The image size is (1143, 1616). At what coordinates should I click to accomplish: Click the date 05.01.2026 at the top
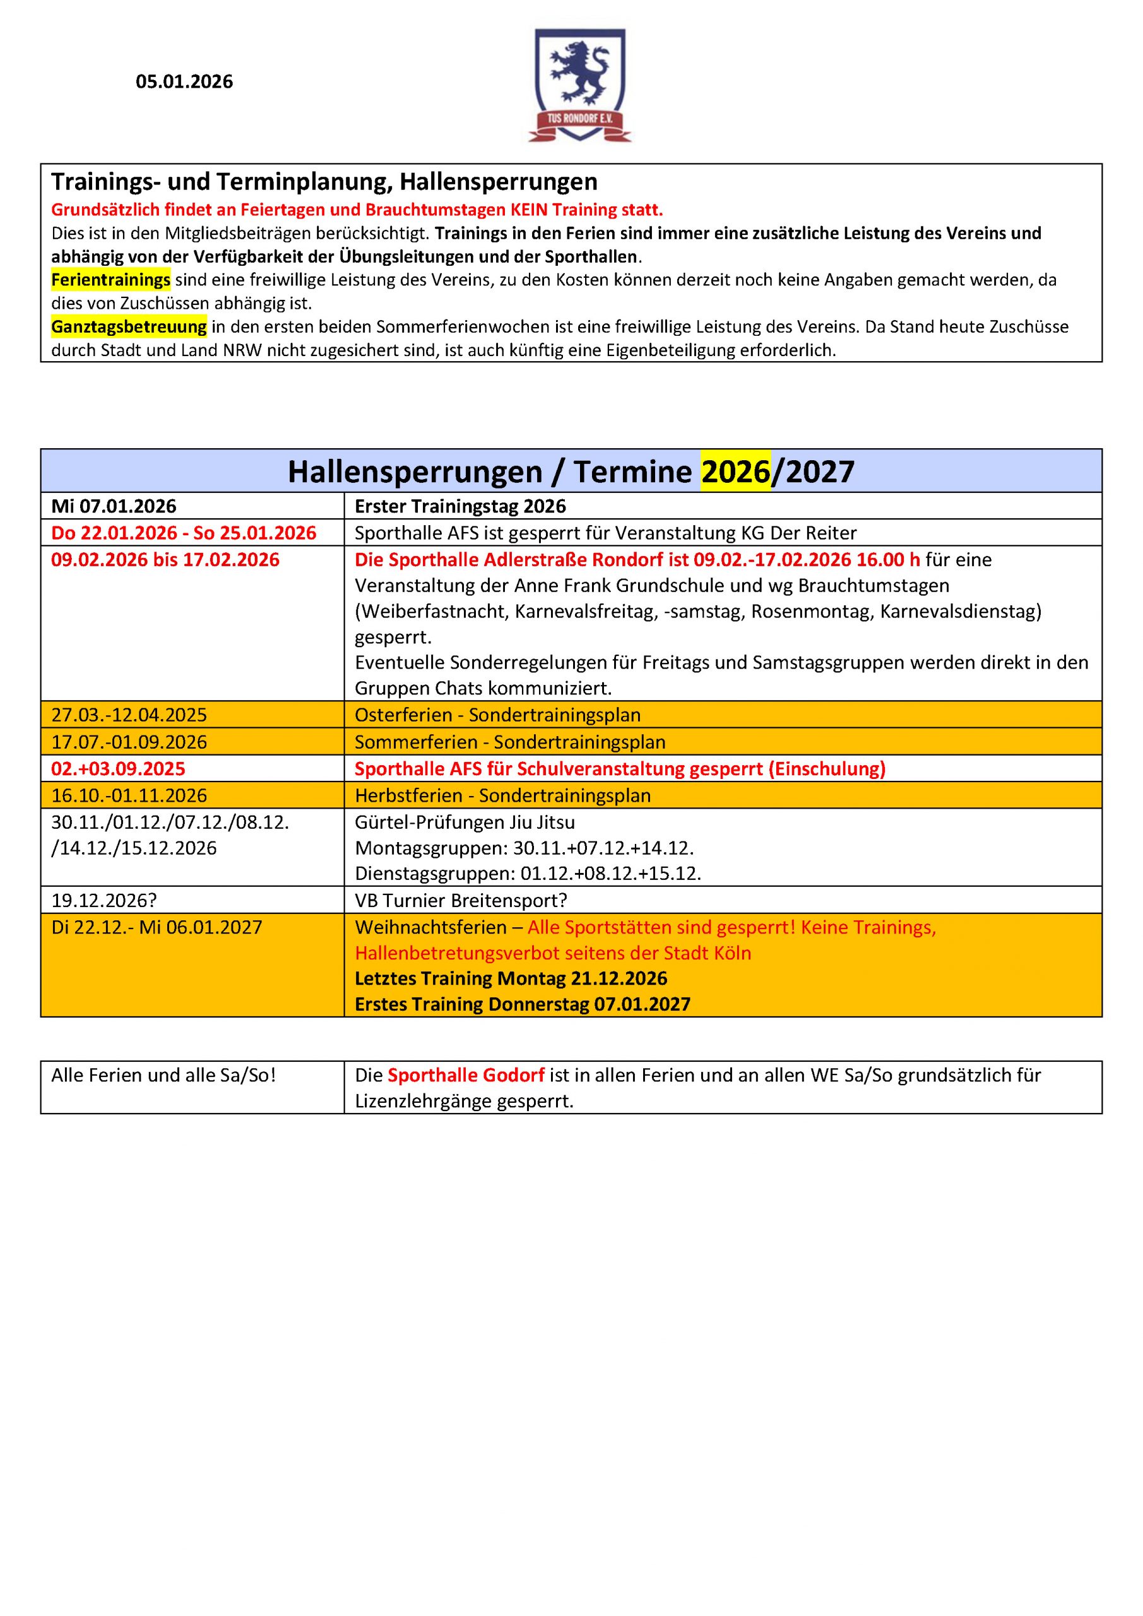[x=184, y=82]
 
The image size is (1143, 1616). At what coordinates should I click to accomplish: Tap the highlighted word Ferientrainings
[x=110, y=280]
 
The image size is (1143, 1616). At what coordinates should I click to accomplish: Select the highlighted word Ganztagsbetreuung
[x=129, y=326]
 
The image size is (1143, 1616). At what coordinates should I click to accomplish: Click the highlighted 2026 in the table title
[x=735, y=472]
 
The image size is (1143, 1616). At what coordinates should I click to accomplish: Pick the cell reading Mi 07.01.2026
[x=114, y=506]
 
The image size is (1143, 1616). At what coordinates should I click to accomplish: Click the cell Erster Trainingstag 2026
[x=460, y=506]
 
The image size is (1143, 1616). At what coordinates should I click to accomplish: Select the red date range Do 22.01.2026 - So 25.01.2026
[x=184, y=533]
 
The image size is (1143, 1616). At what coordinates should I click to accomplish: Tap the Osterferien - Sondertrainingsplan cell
[x=497, y=715]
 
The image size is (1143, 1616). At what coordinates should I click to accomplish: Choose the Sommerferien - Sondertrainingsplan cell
[x=509, y=742]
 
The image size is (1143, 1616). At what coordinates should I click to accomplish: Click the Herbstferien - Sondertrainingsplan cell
[x=502, y=795]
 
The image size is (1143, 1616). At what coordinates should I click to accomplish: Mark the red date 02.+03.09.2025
[x=118, y=769]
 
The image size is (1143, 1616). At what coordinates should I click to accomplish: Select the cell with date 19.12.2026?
[x=104, y=900]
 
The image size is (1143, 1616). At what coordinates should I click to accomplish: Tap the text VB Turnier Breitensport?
[x=461, y=900]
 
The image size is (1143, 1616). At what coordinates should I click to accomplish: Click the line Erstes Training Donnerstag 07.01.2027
[x=522, y=1004]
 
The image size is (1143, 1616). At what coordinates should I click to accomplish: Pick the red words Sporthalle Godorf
[x=466, y=1076]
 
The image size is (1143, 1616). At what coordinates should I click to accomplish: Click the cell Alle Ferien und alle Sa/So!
[x=163, y=1076]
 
